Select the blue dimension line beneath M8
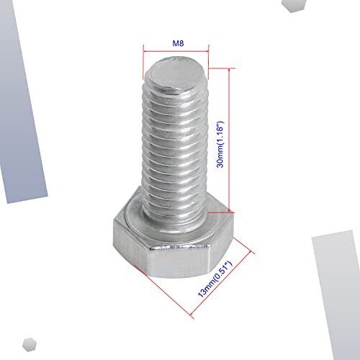[176, 51]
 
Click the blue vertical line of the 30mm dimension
[230, 141]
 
